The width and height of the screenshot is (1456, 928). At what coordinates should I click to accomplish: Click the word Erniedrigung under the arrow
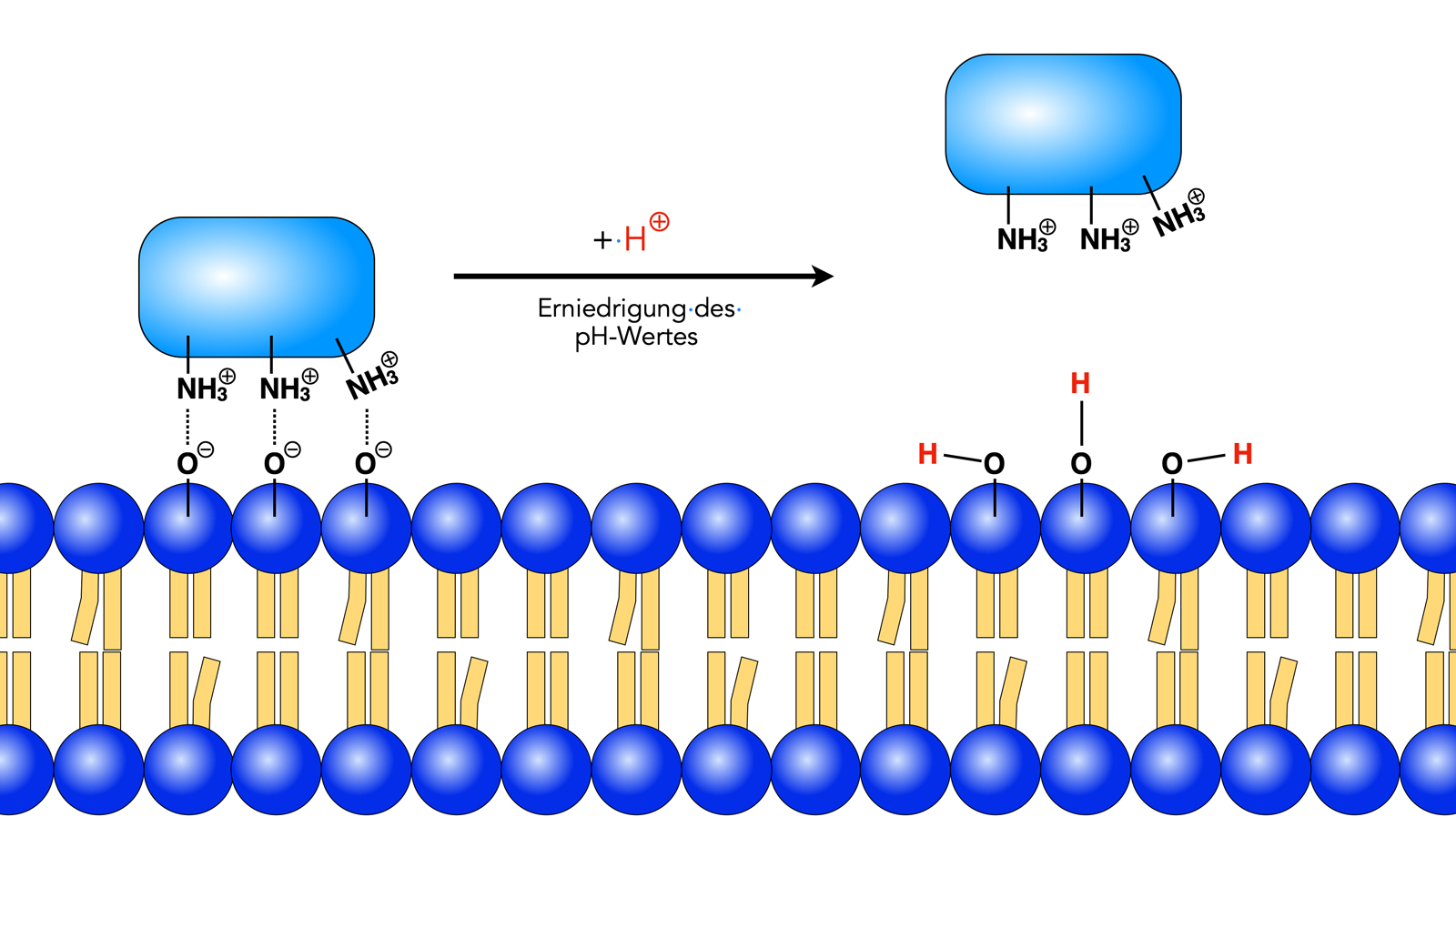(x=612, y=309)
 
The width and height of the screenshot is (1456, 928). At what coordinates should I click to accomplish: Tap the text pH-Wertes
(x=636, y=337)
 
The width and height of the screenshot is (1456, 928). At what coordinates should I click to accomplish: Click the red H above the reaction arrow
(x=635, y=239)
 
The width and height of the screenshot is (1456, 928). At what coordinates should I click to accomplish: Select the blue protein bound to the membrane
(x=257, y=286)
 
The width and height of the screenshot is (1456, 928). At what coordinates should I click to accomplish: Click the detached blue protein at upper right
(x=1063, y=124)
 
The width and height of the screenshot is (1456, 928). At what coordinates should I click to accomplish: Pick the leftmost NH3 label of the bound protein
(x=202, y=389)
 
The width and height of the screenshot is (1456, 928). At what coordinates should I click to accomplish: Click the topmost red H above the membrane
(x=1080, y=384)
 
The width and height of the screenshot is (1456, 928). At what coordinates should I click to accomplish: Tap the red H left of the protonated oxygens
(x=927, y=454)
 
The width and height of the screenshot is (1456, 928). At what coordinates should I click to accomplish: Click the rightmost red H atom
(x=1242, y=454)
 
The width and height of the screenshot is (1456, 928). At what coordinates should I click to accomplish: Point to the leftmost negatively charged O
(x=187, y=464)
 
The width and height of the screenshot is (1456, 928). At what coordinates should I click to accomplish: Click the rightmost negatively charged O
(x=366, y=464)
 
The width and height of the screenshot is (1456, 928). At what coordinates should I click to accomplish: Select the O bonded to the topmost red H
(x=1081, y=464)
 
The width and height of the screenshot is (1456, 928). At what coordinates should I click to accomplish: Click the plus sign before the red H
(x=602, y=240)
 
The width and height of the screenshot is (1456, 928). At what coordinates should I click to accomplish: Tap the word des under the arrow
(x=714, y=309)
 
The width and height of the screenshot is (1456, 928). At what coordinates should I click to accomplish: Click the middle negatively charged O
(x=275, y=464)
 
